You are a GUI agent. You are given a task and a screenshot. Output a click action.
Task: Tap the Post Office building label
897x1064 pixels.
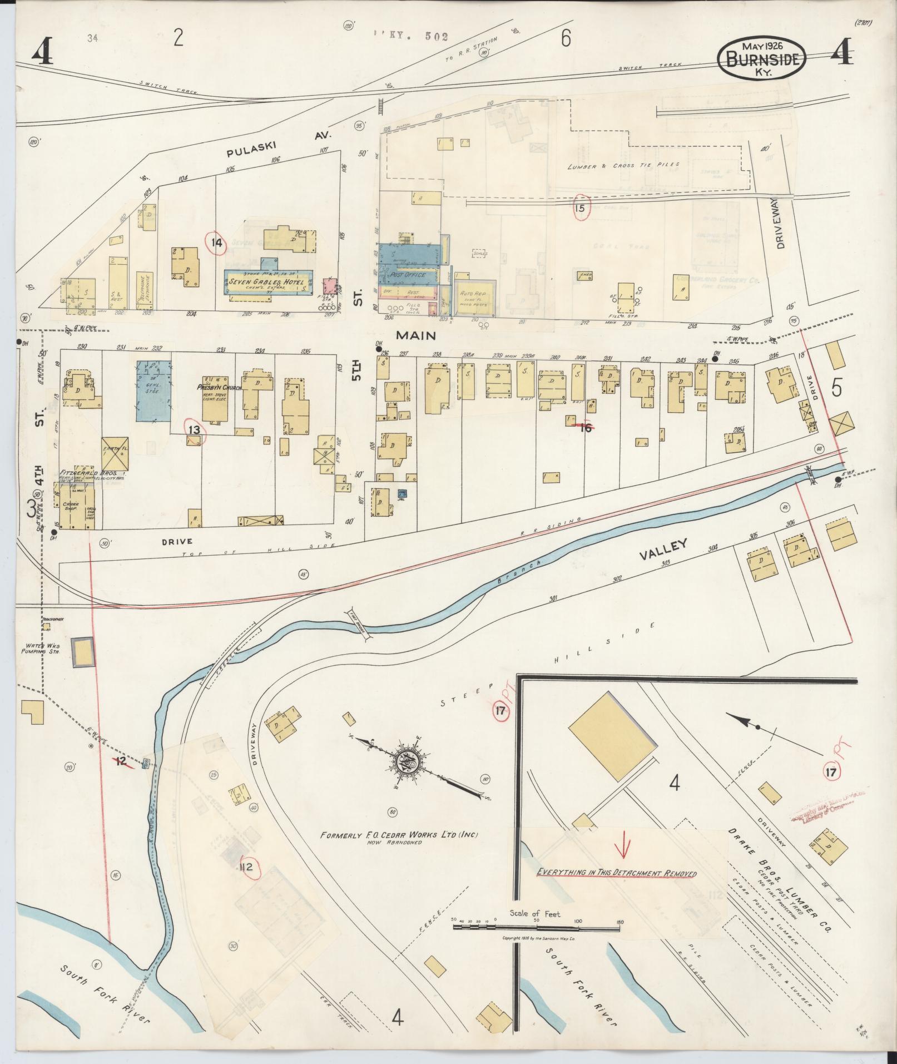click(x=408, y=275)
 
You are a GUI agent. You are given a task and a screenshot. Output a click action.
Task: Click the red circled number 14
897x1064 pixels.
click(x=216, y=243)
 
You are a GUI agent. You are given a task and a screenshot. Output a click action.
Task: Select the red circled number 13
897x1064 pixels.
click(x=194, y=429)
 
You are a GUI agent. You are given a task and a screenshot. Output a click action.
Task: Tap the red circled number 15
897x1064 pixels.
click(x=581, y=209)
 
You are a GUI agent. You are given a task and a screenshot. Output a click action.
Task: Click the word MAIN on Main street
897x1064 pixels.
click(x=415, y=335)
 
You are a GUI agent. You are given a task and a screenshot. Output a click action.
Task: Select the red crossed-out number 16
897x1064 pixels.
click(x=584, y=428)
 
